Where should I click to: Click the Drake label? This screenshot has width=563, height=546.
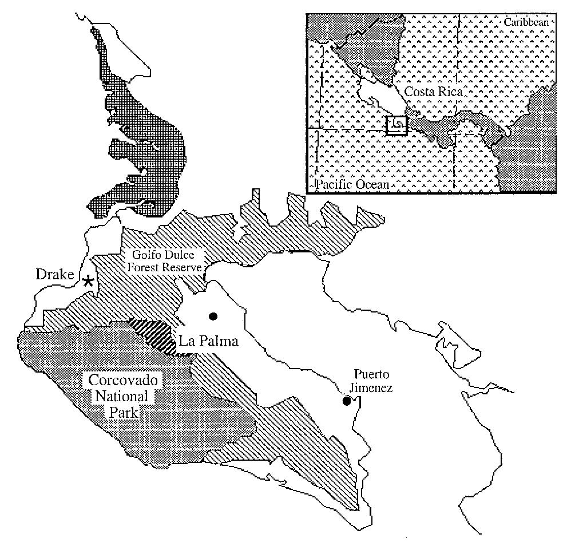pos(55,275)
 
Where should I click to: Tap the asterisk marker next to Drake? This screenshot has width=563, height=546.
pos(88,280)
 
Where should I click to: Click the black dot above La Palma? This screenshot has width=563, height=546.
pos(213,315)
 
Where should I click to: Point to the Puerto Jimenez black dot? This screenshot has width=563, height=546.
pos(346,401)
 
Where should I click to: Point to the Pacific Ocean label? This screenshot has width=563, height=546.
pos(352,185)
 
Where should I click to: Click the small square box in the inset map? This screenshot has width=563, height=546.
pos(396,125)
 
